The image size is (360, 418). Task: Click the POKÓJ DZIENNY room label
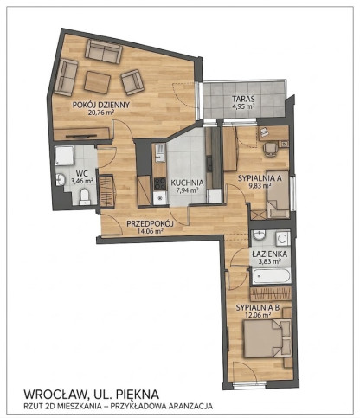101,105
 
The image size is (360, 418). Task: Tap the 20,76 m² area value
101,113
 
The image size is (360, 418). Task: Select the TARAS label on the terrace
243,99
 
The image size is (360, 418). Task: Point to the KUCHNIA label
187,183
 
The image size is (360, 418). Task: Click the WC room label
82,174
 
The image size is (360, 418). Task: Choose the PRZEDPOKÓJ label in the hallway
150,223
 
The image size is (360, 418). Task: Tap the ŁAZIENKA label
269,254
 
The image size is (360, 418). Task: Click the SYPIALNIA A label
260,178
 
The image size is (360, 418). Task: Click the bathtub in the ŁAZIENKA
271,276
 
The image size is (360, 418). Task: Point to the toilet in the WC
84,196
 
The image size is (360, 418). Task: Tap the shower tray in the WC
64,156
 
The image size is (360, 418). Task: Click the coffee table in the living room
97,82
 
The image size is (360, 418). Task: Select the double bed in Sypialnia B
267,338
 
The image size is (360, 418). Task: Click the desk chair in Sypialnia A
271,149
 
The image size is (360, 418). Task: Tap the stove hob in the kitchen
159,183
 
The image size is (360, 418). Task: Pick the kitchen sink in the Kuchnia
159,153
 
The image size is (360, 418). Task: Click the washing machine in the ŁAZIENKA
283,238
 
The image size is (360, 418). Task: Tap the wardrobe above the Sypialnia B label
272,293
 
